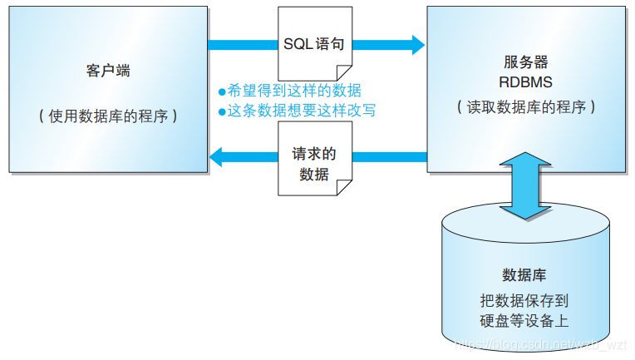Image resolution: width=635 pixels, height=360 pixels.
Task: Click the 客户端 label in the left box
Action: [x=108, y=72]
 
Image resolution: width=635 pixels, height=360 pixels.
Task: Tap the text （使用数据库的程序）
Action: [x=108, y=116]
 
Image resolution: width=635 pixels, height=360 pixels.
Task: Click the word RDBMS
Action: [x=525, y=83]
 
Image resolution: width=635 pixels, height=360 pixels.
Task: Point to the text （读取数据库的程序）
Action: [x=525, y=107]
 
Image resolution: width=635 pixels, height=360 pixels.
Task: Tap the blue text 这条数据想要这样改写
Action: [x=301, y=110]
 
